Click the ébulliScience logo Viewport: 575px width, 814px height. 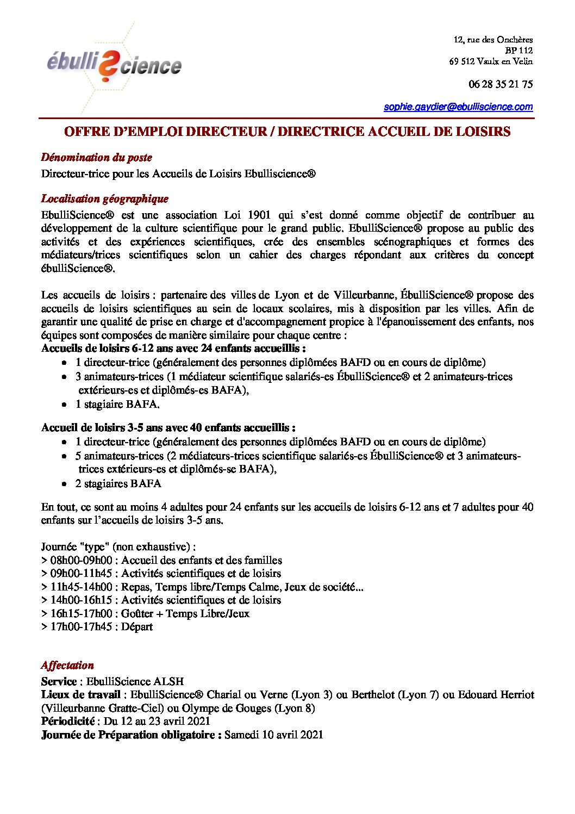[114, 65]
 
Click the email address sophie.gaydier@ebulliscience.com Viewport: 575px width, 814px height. [458, 107]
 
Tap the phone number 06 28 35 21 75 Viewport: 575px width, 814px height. [500, 84]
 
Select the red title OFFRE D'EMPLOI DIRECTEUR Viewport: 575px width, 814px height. [287, 132]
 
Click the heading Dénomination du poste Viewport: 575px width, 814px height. [96, 158]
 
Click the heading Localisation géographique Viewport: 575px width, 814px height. [104, 199]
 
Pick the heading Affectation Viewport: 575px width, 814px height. [67, 666]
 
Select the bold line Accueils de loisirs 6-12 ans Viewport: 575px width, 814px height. [173, 349]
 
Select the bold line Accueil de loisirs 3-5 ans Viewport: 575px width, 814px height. [168, 428]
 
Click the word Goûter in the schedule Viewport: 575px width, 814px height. [137, 614]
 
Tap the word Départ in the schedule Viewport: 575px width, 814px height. [137, 627]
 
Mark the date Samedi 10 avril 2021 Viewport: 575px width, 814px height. [273, 735]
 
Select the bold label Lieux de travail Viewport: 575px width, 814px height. [81, 695]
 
